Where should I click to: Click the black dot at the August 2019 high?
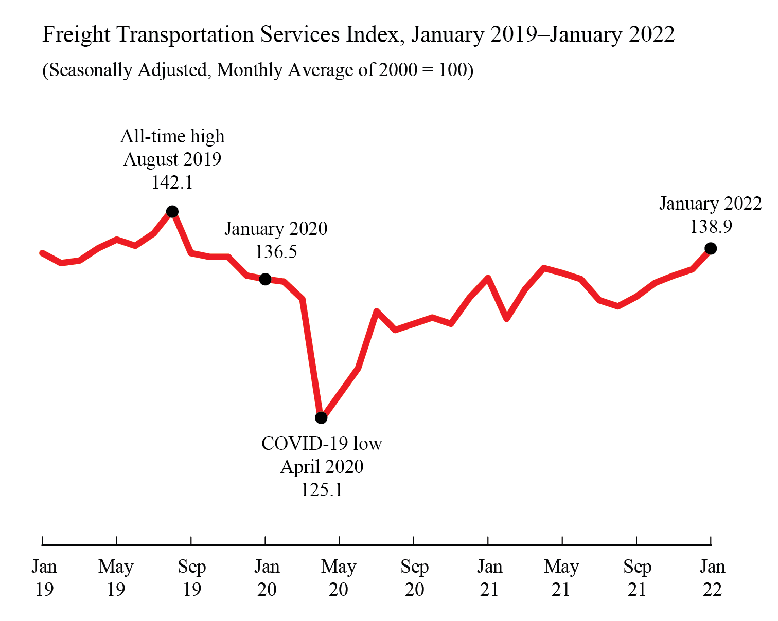172,211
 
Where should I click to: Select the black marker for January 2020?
265,279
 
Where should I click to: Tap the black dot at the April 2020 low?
321,418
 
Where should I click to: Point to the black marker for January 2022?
711,248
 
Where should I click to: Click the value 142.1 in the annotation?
172,182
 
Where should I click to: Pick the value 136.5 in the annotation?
276,252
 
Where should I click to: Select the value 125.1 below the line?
322,490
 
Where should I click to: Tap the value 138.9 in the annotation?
711,227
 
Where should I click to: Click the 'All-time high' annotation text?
172,137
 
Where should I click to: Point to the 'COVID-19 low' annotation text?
322,444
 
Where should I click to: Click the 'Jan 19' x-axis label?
44,578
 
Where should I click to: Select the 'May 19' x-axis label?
116,578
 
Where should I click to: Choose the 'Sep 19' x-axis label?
192,578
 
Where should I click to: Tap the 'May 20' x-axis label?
339,578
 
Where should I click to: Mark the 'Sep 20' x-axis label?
414,578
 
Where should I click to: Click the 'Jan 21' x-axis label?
489,578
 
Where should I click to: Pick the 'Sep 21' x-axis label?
637,578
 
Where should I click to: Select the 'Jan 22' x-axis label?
712,578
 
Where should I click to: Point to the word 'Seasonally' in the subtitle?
91,70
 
